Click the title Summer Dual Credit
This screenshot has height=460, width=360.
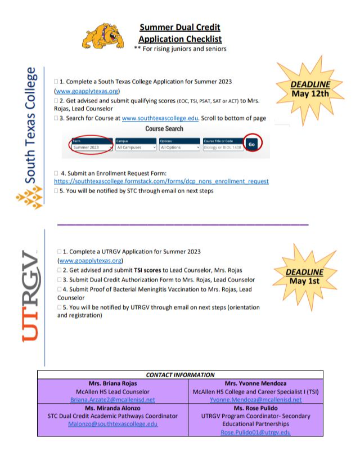point(179,27)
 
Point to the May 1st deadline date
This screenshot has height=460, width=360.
point(305,281)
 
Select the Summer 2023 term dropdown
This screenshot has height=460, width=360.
point(91,148)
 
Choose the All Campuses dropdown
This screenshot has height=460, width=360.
point(136,148)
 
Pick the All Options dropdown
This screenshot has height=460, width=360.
point(179,148)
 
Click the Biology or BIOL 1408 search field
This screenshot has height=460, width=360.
point(222,148)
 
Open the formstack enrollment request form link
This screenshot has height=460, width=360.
point(161,181)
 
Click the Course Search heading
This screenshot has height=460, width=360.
point(164,129)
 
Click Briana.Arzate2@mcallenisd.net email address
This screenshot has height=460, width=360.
point(114,400)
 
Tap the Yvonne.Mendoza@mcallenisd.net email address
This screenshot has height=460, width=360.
point(256,400)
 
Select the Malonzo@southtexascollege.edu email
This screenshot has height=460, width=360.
point(113,424)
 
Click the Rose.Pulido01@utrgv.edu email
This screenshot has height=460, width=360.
point(256,432)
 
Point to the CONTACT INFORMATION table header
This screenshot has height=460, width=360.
point(180,374)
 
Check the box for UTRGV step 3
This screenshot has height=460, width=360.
point(60,280)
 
